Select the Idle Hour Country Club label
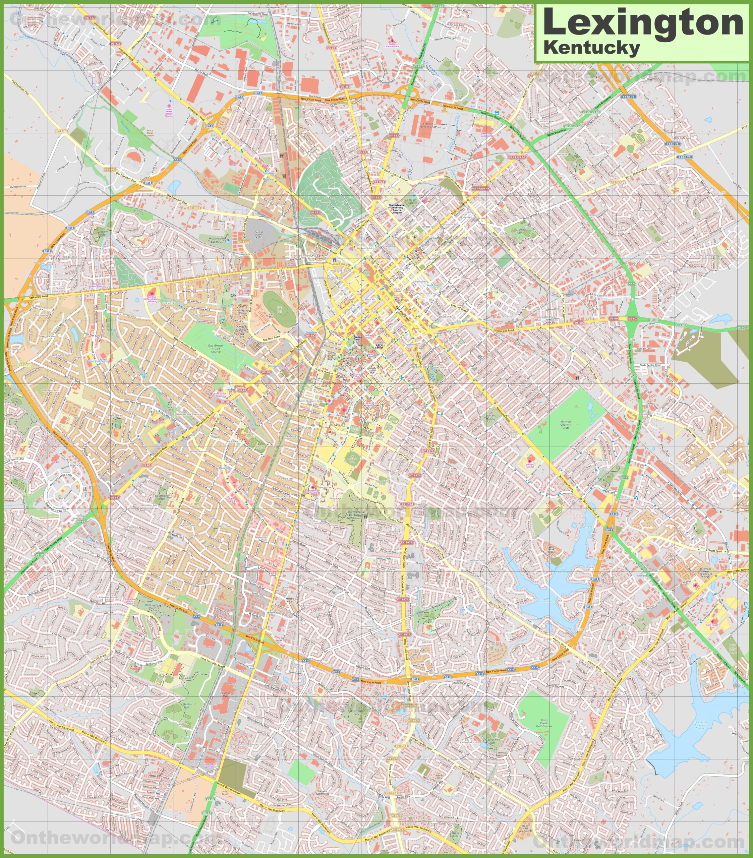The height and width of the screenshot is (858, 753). tap(565, 424)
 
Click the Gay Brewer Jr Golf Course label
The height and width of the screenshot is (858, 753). tap(216, 349)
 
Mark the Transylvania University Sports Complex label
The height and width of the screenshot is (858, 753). tap(397, 208)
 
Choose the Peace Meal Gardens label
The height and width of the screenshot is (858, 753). tap(150, 133)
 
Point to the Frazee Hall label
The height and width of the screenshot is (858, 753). tap(357, 338)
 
